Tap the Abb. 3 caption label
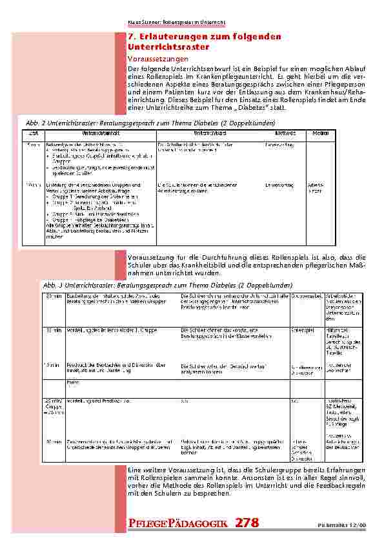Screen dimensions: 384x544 [x=52, y=285]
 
